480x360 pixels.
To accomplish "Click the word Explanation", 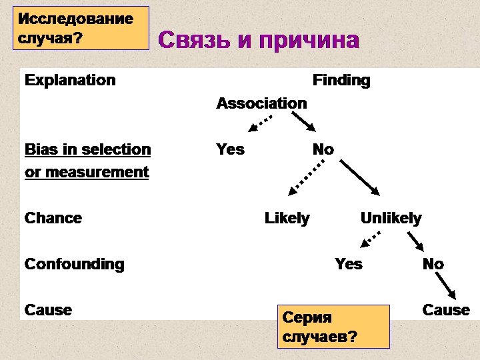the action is point(70,80).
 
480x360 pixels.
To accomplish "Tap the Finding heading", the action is point(341,81).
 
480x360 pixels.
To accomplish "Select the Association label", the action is point(261,103).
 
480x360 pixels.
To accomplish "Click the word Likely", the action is point(287,218).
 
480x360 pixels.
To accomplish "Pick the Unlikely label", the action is point(391,218).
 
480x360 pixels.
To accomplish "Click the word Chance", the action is point(53,218).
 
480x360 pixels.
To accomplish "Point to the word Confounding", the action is point(74,264).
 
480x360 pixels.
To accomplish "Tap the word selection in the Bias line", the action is point(119,149).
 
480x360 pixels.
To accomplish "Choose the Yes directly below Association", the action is point(230,149).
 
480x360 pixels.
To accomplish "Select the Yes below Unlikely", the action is point(349,264).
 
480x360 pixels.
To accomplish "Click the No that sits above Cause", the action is point(433,264).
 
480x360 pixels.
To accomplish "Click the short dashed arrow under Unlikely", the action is point(372,237).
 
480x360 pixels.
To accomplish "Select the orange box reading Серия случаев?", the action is point(333,326).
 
